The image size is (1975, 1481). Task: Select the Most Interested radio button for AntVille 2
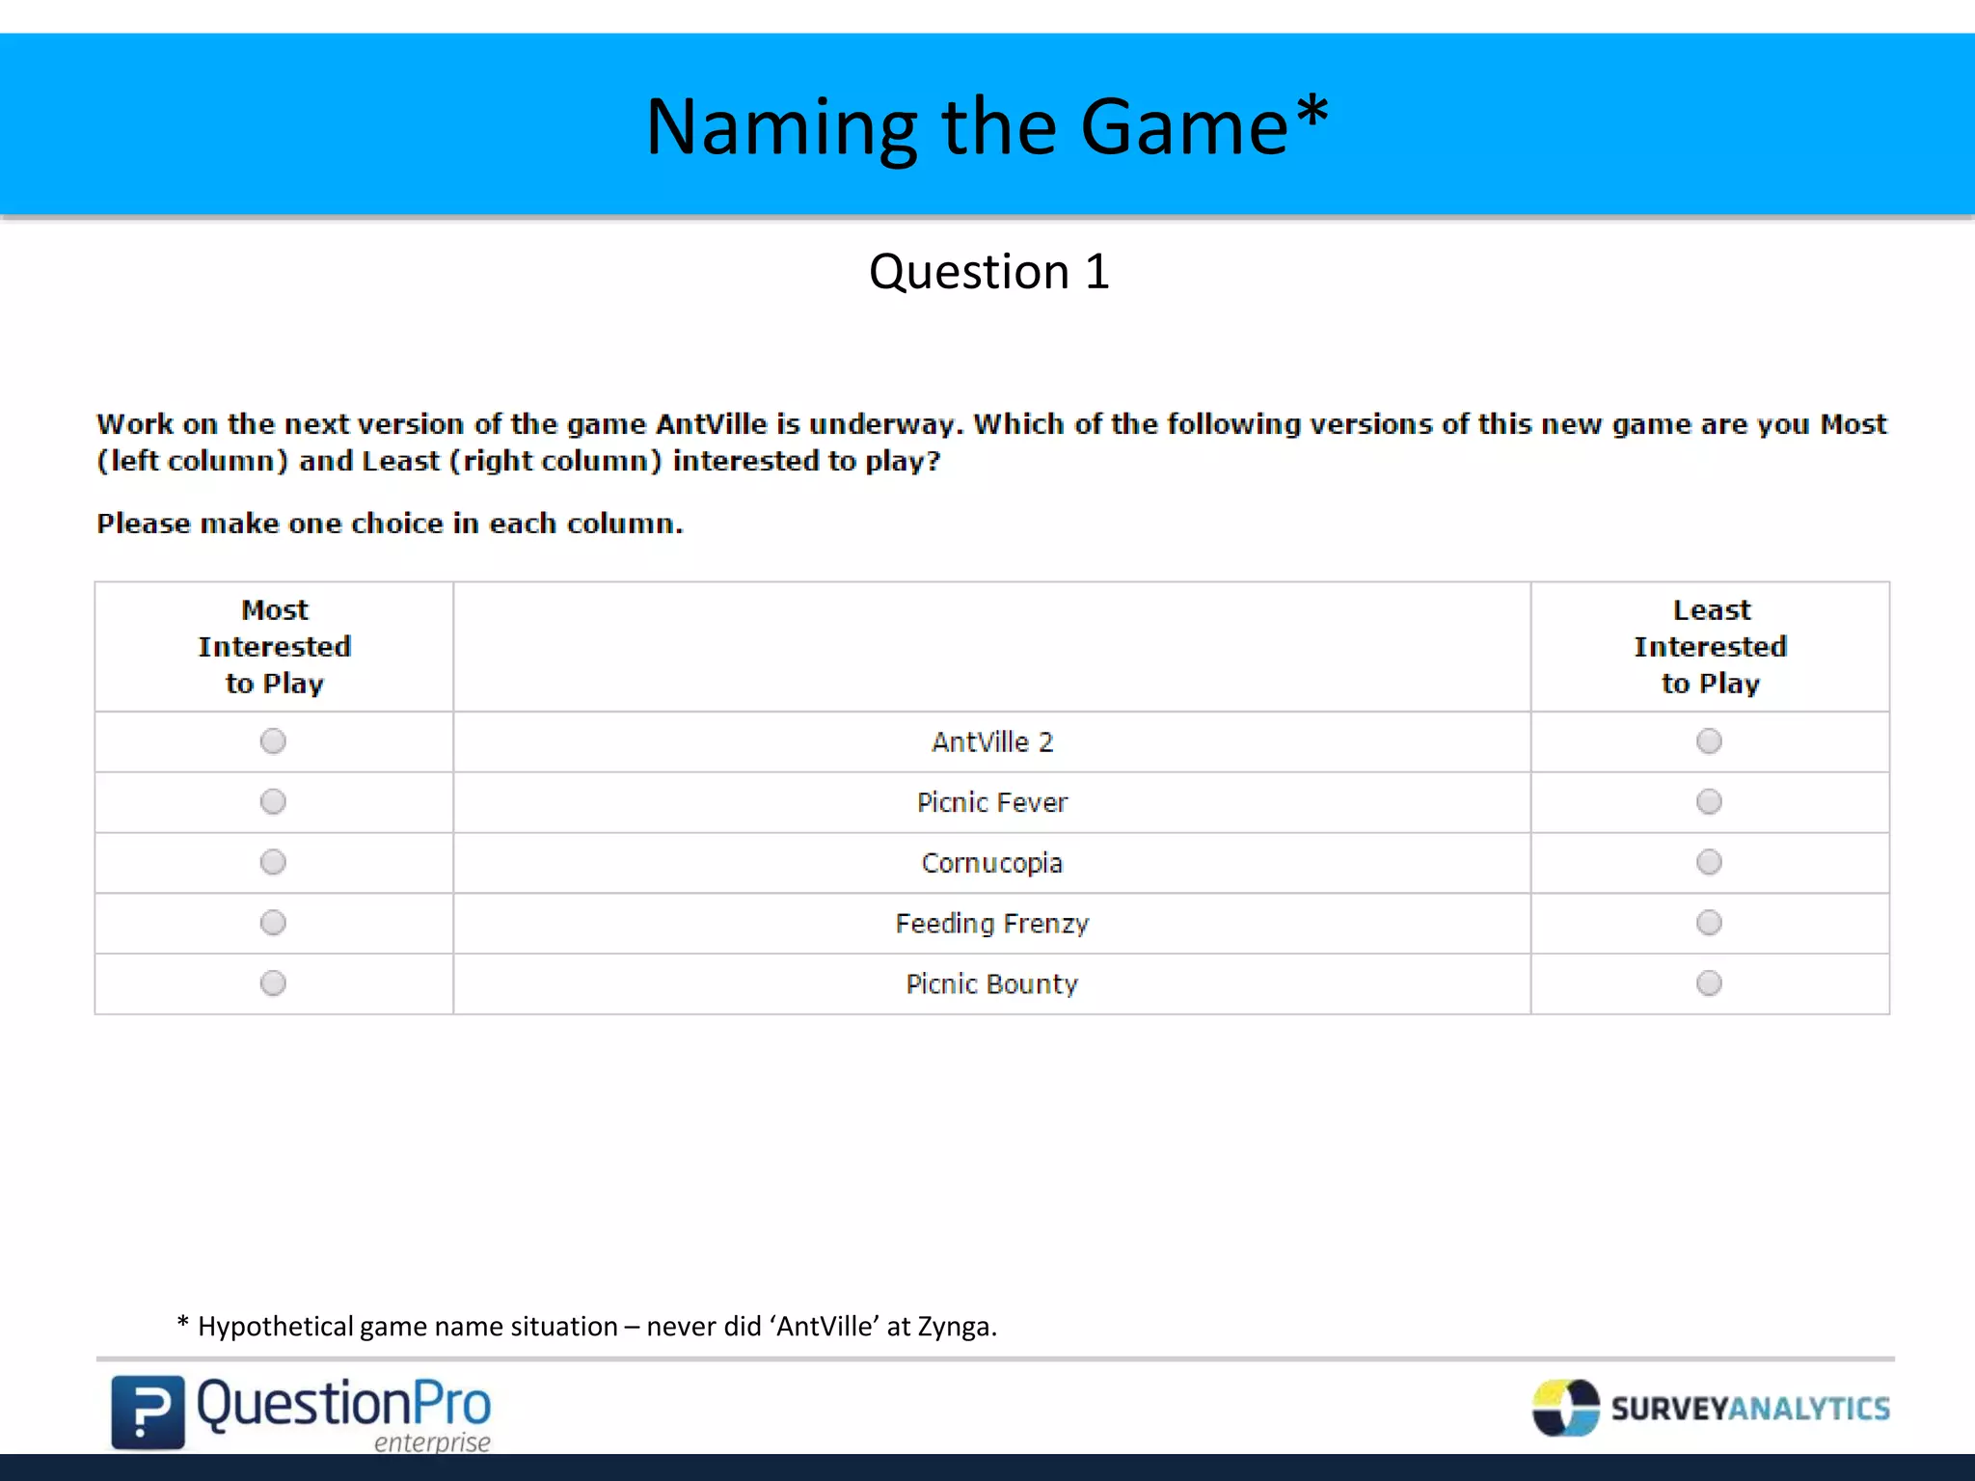(x=273, y=741)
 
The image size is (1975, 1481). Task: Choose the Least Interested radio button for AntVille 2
(x=1709, y=741)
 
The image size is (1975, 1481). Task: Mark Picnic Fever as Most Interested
(x=273, y=802)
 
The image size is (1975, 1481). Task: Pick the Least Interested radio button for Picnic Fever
(x=1709, y=802)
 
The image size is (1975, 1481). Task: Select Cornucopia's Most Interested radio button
(x=273, y=862)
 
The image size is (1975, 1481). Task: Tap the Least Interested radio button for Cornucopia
(x=1709, y=862)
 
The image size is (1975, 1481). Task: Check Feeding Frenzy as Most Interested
(x=273, y=923)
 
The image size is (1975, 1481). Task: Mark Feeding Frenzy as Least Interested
(x=1709, y=923)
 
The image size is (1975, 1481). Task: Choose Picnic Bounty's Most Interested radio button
(x=273, y=983)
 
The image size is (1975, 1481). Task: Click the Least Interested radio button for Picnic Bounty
(x=1709, y=983)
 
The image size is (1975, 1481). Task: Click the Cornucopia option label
(x=991, y=863)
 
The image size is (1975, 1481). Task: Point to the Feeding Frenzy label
(x=991, y=924)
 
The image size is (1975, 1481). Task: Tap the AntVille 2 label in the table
(x=991, y=742)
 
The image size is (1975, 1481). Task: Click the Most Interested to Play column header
(x=275, y=647)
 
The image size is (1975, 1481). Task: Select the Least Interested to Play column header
(x=1710, y=647)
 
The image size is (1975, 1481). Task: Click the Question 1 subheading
(x=988, y=272)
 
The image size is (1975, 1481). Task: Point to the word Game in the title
(x=1183, y=127)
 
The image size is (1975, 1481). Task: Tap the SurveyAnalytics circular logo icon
(x=1565, y=1408)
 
